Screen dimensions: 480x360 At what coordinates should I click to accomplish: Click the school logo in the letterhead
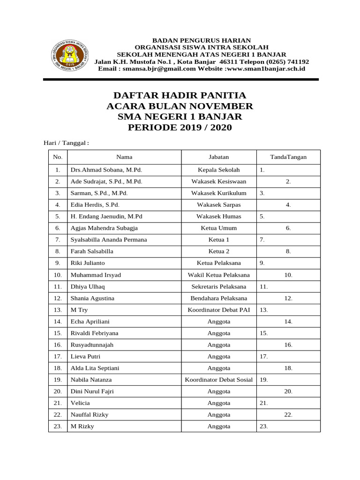tap(68, 54)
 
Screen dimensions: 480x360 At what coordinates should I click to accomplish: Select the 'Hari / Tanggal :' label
tap(63, 142)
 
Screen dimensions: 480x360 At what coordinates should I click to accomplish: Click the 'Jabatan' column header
tap(219, 157)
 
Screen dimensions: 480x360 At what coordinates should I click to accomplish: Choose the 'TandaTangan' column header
tap(288, 157)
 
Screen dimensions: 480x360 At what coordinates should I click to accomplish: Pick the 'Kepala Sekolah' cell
tap(219, 170)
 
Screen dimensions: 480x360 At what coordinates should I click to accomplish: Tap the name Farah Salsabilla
tap(92, 251)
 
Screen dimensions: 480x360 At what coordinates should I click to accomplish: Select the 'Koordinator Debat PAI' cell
tap(219, 310)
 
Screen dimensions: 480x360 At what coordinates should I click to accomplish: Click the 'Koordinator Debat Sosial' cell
tap(219, 380)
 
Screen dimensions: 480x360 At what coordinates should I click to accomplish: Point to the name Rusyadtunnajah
tap(92, 345)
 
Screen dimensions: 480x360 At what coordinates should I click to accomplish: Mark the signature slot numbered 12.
tap(288, 298)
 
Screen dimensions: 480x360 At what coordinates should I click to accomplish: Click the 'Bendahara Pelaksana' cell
tap(219, 298)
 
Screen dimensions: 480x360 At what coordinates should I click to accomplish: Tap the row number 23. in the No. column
tap(58, 426)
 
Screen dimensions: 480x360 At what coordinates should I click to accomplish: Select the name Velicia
tap(80, 403)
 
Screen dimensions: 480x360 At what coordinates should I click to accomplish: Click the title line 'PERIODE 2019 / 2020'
tap(180, 127)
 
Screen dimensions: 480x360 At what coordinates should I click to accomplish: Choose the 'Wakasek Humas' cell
tap(219, 216)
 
